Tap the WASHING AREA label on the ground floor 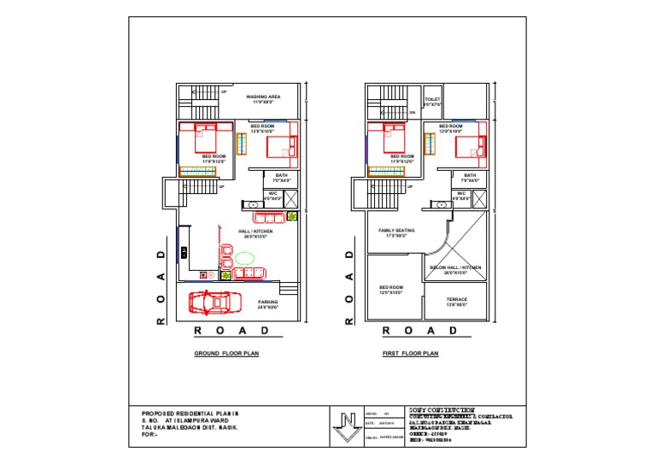pyautogui.click(x=263, y=97)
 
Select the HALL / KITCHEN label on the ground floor pyautogui.click(x=257, y=232)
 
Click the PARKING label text pyautogui.click(x=268, y=302)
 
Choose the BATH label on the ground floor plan pyautogui.click(x=282, y=175)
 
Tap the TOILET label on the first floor pyautogui.click(x=432, y=100)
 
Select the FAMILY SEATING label pyautogui.click(x=396, y=230)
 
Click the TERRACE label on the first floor pyautogui.click(x=457, y=299)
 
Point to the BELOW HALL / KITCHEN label pyautogui.click(x=456, y=267)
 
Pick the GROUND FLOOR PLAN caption pyautogui.click(x=226, y=352)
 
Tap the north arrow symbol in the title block pyautogui.click(x=347, y=425)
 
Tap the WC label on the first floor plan pyautogui.click(x=461, y=193)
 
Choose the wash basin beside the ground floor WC pyautogui.click(x=252, y=205)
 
